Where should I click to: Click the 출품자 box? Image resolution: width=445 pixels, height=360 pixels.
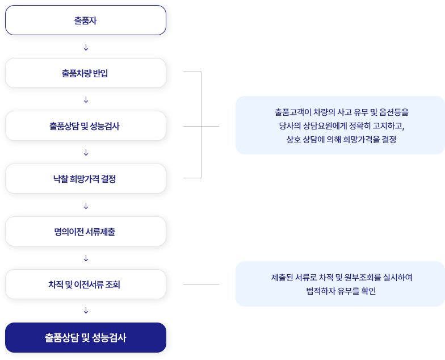click(x=85, y=20)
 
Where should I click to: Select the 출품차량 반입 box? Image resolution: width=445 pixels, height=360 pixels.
click(x=85, y=73)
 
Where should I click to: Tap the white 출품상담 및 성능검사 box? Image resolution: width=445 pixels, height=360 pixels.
click(x=85, y=126)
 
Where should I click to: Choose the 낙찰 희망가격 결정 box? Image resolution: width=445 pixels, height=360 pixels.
click(x=85, y=178)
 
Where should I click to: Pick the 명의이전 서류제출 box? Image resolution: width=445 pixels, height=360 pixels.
click(x=85, y=232)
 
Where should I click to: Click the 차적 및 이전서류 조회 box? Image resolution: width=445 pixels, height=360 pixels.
click(x=85, y=284)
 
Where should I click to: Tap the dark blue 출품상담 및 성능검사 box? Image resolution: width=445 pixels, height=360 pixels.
click(x=85, y=337)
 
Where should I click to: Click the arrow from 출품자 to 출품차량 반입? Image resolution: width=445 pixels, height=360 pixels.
click(x=86, y=48)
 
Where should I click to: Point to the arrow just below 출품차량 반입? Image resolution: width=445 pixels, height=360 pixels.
click(x=86, y=100)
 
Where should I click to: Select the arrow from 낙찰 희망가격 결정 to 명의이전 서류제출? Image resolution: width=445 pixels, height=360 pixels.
click(x=86, y=206)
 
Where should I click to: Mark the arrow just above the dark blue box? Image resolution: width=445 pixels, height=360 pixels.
click(x=86, y=311)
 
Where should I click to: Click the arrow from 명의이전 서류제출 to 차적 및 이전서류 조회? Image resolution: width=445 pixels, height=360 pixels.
click(x=86, y=258)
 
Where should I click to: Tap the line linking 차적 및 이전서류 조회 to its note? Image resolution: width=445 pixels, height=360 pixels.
click(x=201, y=284)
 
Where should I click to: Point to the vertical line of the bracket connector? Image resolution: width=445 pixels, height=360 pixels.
click(x=201, y=125)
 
